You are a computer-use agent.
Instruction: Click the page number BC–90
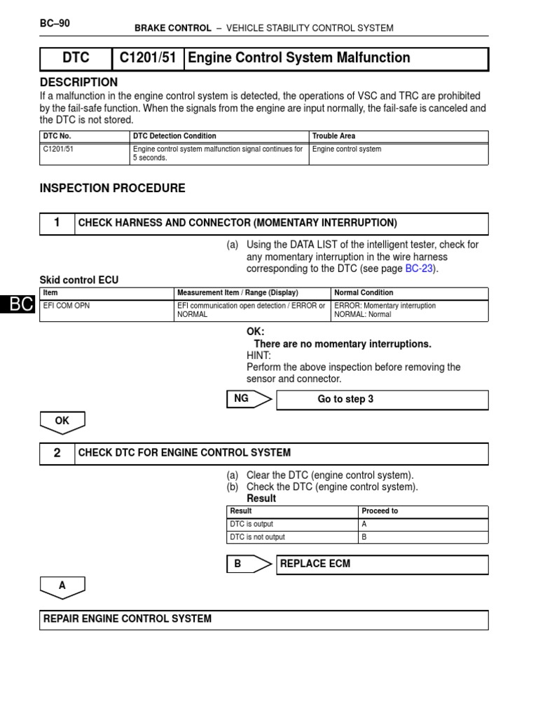click(x=55, y=23)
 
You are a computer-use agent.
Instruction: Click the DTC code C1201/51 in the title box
click(x=147, y=58)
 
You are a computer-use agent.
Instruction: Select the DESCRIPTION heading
click(x=78, y=82)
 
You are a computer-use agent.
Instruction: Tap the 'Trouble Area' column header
click(x=335, y=136)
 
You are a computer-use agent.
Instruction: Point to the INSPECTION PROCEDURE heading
click(x=112, y=188)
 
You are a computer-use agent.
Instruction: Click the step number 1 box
click(x=57, y=223)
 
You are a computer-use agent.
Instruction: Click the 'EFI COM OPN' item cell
click(x=67, y=306)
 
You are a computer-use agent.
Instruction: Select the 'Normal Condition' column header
click(x=364, y=293)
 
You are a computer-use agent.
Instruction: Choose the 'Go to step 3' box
click(x=382, y=400)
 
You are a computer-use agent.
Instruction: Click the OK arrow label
click(x=62, y=421)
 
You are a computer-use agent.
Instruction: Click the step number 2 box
click(x=57, y=453)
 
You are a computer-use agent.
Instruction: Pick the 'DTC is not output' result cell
click(x=257, y=537)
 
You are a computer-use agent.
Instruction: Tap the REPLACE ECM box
click(x=382, y=564)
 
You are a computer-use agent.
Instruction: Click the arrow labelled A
click(x=62, y=585)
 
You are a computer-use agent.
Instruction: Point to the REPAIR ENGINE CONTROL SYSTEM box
click(x=265, y=619)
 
